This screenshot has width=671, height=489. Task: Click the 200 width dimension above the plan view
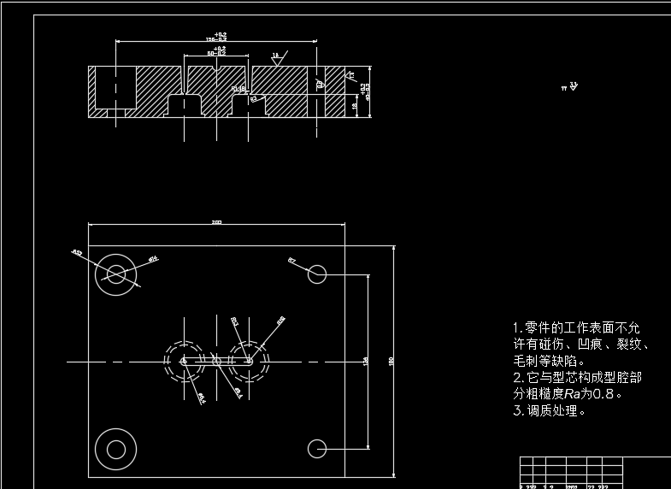216,222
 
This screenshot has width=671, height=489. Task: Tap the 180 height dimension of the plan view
391,361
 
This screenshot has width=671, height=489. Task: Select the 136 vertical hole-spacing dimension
366,361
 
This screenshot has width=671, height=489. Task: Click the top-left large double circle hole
116,274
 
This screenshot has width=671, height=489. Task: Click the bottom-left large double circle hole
116,447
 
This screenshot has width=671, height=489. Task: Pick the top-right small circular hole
317,274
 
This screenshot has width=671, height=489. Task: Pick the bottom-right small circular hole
317,447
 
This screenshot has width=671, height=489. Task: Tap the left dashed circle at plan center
185,362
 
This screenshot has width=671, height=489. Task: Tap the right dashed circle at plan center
249,362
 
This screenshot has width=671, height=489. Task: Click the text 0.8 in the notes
603,394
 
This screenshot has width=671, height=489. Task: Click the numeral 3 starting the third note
516,411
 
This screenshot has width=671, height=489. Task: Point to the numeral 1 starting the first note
516,328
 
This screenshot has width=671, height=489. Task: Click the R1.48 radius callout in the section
238,88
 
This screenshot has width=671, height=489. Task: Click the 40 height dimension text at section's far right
367,91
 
